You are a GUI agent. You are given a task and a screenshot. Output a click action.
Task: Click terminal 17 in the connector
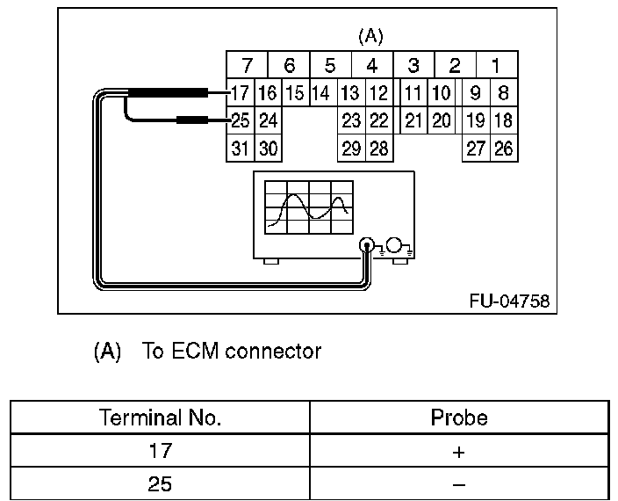240,92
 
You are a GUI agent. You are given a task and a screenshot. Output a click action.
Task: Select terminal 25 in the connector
240,120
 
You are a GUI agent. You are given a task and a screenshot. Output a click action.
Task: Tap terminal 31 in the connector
240,149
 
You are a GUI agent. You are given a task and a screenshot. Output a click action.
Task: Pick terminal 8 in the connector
504,92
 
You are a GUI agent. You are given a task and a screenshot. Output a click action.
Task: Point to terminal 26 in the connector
504,149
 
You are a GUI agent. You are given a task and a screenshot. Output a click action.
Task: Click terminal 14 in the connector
321,92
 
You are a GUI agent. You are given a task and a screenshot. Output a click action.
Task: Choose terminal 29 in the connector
351,149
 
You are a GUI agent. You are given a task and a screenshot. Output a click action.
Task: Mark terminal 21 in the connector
414,120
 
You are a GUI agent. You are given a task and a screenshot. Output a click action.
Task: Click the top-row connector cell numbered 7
247,65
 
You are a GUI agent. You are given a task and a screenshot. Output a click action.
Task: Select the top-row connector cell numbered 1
497,65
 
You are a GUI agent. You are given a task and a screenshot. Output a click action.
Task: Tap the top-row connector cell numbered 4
372,65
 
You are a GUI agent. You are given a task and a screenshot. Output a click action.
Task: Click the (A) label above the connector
371,37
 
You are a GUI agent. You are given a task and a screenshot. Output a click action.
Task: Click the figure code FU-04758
509,301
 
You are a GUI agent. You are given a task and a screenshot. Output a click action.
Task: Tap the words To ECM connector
231,352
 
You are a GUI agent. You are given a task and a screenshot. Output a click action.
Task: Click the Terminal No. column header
160,417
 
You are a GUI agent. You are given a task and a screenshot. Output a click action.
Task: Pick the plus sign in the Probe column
459,451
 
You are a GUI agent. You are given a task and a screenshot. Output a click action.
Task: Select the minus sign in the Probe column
459,483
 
